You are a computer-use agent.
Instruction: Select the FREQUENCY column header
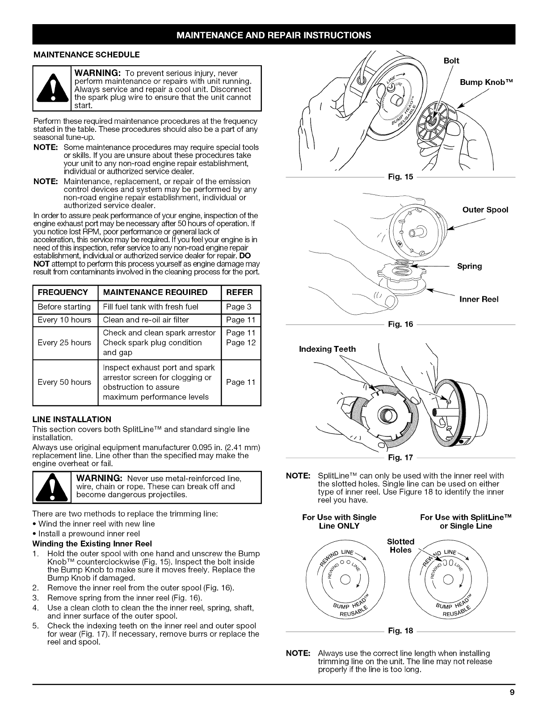[x=63, y=292]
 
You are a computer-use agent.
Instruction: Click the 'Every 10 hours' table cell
[x=64, y=320]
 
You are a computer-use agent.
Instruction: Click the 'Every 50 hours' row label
[x=64, y=382]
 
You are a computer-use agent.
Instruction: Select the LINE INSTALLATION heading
[x=69, y=420]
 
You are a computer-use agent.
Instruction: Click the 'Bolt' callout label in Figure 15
[x=451, y=60]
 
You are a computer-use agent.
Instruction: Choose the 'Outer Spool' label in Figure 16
[x=485, y=210]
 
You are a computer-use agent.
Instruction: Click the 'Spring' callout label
[x=469, y=266]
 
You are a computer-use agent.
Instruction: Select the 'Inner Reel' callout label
[x=479, y=299]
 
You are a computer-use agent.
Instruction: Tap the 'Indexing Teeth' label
[x=328, y=349]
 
